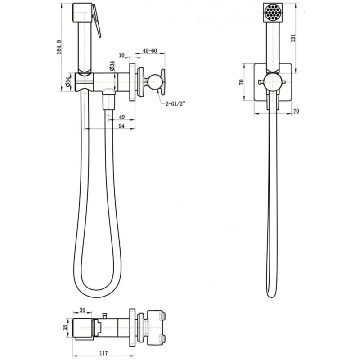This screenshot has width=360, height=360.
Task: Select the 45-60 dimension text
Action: pyautogui.click(x=150, y=51)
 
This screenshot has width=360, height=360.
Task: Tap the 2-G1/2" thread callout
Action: pyautogui.click(x=175, y=104)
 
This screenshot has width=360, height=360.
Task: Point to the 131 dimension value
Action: pyautogui.click(x=293, y=38)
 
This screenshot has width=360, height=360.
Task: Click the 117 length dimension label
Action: pyautogui.click(x=103, y=353)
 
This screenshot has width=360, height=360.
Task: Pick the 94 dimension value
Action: pyautogui.click(x=121, y=126)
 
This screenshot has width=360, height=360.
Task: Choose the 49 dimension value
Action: pyautogui.click(x=122, y=117)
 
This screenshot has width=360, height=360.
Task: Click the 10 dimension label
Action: pyautogui.click(x=122, y=55)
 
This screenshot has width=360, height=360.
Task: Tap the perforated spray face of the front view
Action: pyautogui.click(x=273, y=12)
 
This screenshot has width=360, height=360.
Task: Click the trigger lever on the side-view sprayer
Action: pyautogui.click(x=97, y=21)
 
